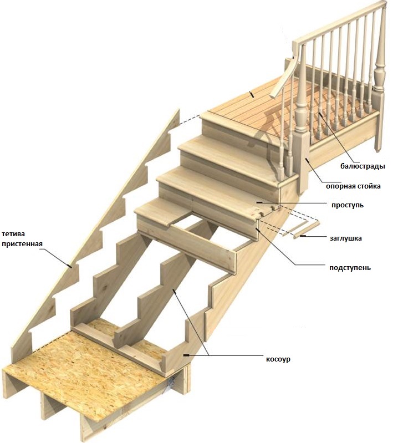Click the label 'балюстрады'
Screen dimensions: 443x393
tap(363, 166)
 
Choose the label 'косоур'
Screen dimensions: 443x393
tap(278, 359)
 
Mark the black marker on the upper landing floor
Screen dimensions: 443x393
tap(253, 95)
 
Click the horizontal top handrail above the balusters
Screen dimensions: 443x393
tap(338, 22)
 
